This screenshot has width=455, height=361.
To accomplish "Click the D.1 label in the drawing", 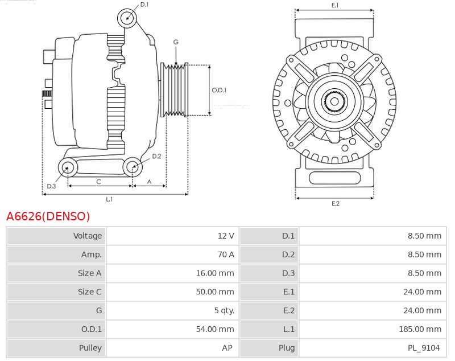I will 144,5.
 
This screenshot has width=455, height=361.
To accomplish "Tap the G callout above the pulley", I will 176,42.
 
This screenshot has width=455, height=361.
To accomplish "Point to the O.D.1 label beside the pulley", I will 219,90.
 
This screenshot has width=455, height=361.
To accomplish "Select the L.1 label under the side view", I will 109,199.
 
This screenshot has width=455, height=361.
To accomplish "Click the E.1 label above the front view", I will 335,5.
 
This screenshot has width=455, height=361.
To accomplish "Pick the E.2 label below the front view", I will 335,203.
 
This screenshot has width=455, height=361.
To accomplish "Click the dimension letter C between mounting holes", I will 98,182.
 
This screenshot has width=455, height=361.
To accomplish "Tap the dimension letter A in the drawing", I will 149,182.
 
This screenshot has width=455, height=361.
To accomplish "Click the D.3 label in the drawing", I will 51,186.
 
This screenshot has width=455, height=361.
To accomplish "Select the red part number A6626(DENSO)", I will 48,216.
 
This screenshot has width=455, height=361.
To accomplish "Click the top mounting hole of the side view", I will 127,18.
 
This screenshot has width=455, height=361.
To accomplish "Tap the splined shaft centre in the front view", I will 334,102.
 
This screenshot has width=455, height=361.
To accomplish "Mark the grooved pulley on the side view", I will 176,90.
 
